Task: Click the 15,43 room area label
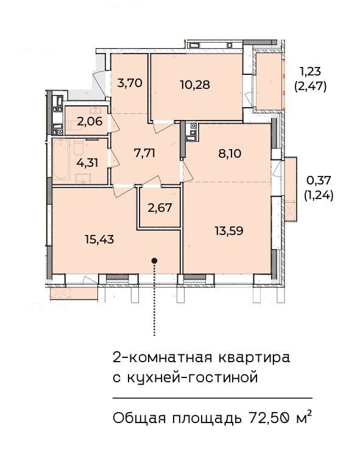click(x=99, y=239)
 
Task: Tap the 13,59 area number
click(x=229, y=231)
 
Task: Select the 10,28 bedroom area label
click(x=195, y=85)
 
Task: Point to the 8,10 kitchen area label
click(x=230, y=154)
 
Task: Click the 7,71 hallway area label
click(x=144, y=153)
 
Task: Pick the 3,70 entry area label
click(x=130, y=82)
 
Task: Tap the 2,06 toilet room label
click(x=90, y=122)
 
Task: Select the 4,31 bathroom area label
click(x=88, y=163)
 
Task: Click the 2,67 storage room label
click(x=160, y=208)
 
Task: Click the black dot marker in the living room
click(x=154, y=261)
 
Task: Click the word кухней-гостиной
click(x=193, y=377)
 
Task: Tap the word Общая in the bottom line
click(x=139, y=419)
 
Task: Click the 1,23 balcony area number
click(x=310, y=72)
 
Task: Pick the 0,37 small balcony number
click(x=319, y=181)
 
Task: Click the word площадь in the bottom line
click(x=207, y=419)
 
